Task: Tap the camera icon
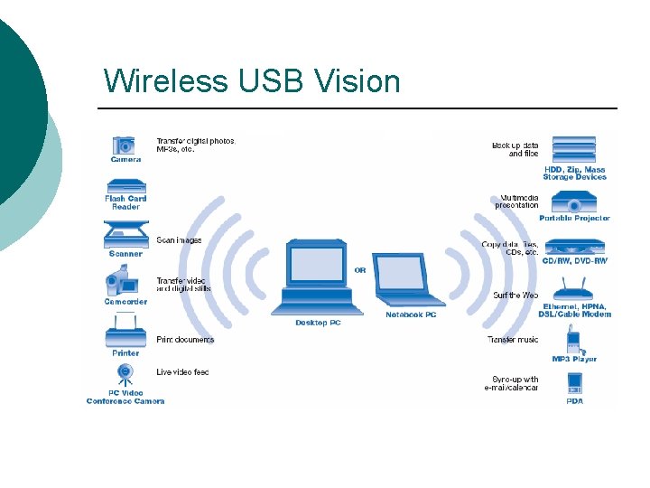(x=125, y=145)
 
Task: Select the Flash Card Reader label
(x=125, y=202)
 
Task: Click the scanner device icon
(x=125, y=236)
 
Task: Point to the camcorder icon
(x=124, y=284)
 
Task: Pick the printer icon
(x=125, y=331)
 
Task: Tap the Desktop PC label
(x=318, y=323)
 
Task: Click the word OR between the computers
(x=360, y=269)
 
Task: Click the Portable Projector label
(x=574, y=218)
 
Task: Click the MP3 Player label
(x=574, y=359)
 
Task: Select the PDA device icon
(x=574, y=382)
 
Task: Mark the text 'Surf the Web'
(x=515, y=296)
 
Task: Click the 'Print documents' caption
(x=185, y=340)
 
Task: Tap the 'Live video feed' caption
(x=182, y=372)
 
